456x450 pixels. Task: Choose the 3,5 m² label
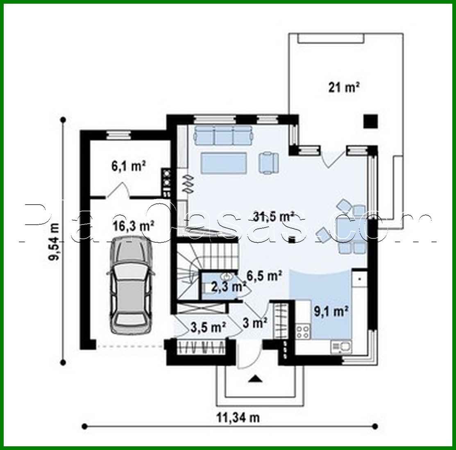pos(209,327)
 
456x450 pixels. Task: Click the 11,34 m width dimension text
pos(238,418)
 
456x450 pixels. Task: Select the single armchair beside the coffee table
pos(268,161)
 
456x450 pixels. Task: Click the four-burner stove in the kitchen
pos(303,331)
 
